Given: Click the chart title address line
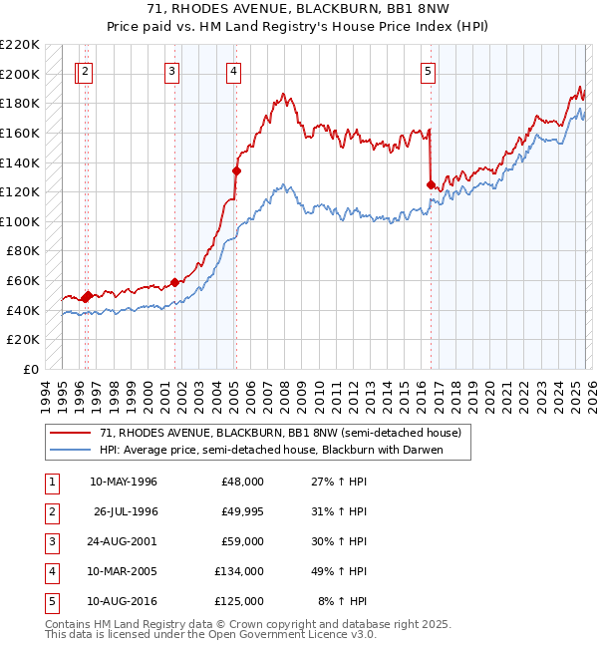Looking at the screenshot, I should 298,10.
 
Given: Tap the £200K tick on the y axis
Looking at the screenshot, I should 21,74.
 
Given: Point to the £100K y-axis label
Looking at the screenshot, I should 21,221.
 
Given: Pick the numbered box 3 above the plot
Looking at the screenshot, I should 172,71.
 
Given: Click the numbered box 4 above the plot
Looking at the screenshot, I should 232,71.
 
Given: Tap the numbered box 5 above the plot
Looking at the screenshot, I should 428,71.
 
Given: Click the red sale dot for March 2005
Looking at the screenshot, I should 236,170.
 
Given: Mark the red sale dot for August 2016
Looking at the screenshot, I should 431,184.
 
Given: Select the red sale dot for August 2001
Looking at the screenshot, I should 175,282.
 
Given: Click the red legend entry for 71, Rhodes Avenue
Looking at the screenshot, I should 279,434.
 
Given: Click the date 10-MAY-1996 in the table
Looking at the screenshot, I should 124,482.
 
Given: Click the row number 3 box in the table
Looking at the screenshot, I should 51,541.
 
